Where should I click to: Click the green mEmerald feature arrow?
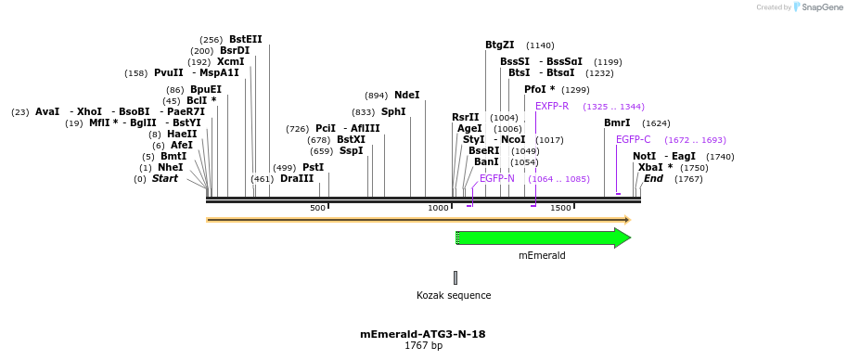coord(543,238)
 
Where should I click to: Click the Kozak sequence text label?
coord(454,296)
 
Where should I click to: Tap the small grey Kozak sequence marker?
coord(456,277)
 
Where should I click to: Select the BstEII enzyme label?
coord(246,39)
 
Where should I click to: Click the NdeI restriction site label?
coord(406,95)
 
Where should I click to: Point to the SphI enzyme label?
coord(393,111)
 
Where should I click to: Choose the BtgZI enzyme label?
coord(499,45)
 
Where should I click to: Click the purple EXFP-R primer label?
coord(552,106)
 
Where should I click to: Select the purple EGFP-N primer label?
coord(496,178)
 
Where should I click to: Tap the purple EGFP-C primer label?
coord(633,139)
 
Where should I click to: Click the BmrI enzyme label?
coord(617,122)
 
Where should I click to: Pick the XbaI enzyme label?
coord(650,167)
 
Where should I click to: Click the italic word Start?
coord(165,178)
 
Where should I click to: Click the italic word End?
coord(653,178)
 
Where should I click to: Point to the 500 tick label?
coord(317,208)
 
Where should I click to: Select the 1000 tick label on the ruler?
coord(438,208)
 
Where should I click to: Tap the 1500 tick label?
coord(560,208)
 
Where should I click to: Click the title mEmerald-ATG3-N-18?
coord(423,334)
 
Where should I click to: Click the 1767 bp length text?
coord(423,346)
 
